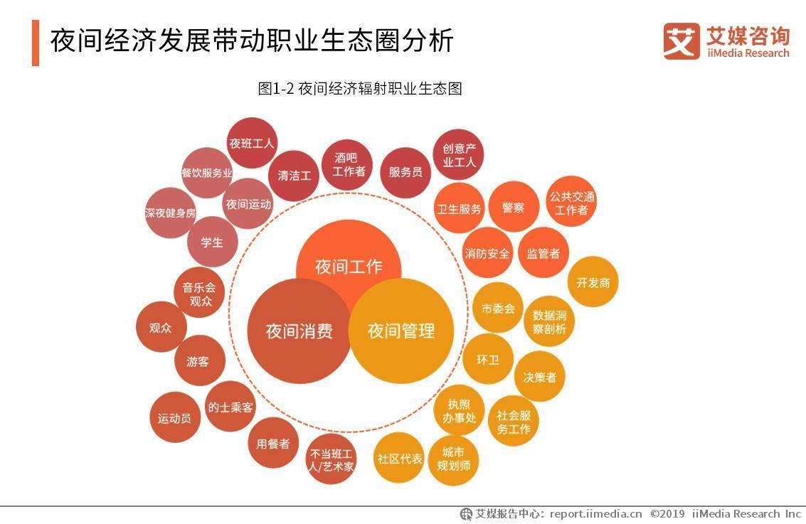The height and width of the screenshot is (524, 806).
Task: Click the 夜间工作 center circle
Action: point(349,256)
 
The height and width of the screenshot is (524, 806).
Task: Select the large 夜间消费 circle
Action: point(299,331)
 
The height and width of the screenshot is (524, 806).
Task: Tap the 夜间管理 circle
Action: point(401,331)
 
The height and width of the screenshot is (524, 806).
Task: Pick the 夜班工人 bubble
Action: point(251,143)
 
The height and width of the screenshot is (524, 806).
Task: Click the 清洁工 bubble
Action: point(294,175)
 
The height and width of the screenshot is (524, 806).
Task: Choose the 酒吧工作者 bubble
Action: point(348,164)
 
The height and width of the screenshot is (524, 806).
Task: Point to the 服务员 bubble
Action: point(405,172)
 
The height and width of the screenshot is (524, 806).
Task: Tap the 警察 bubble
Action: point(513,208)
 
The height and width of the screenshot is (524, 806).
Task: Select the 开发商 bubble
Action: point(593,282)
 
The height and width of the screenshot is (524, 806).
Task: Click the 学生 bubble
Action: point(212,242)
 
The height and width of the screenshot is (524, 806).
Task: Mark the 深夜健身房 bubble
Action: point(170,213)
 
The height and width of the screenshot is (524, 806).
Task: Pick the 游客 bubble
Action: point(198,361)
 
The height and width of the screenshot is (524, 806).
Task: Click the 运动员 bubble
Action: point(174,418)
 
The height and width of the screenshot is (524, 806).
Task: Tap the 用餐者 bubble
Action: point(272,444)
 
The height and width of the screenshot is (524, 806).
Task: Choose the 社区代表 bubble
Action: point(399,459)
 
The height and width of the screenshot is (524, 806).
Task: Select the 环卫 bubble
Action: point(488,359)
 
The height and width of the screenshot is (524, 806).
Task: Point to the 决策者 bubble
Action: point(540,377)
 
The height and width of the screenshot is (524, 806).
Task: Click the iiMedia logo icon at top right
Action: point(682,41)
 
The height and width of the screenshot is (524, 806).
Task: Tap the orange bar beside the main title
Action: point(36,43)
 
